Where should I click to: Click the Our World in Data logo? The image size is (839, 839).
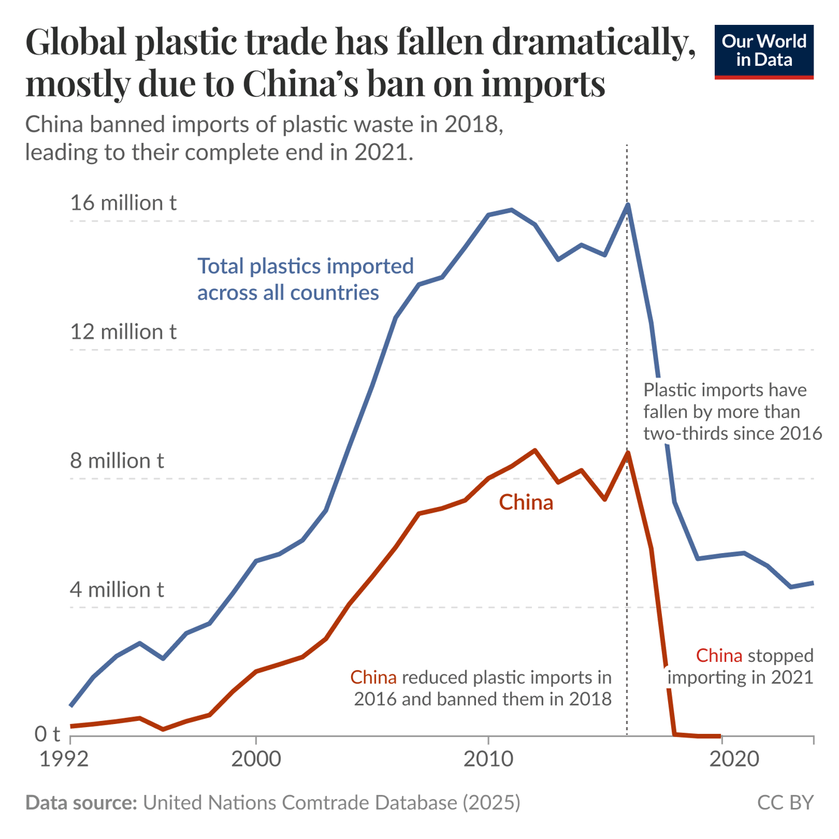click(x=763, y=52)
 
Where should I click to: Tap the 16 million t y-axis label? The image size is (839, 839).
click(x=123, y=203)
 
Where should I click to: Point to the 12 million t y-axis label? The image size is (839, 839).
click(x=123, y=331)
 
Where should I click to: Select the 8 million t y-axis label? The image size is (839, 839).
click(x=117, y=461)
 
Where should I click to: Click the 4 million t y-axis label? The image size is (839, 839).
click(x=117, y=589)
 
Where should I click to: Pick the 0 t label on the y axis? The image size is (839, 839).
click(x=47, y=734)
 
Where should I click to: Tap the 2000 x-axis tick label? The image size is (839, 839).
click(x=256, y=759)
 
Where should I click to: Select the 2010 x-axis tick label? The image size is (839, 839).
click(x=488, y=759)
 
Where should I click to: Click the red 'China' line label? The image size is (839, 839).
click(x=526, y=502)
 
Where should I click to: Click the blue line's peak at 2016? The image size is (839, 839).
click(x=628, y=204)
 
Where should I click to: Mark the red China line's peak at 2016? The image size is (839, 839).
click(x=628, y=452)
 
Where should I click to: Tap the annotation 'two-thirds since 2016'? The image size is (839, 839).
click(x=732, y=433)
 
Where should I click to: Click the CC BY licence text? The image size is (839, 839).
click(x=785, y=802)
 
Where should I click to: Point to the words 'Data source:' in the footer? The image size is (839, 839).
click(x=81, y=802)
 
